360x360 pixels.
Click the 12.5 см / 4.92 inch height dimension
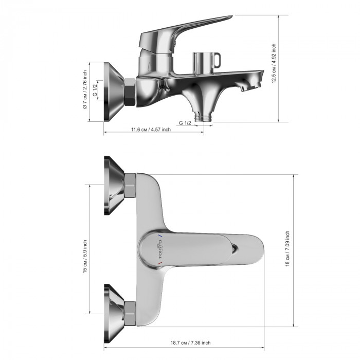pyautogui.click(x=274, y=63)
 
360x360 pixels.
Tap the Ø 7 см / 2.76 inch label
pyautogui.click(x=85, y=89)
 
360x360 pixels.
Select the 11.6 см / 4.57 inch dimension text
pyautogui.click(x=151, y=130)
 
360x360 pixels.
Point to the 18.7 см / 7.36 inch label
pyautogui.click(x=190, y=343)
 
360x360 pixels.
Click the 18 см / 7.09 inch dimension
pyautogui.click(x=287, y=248)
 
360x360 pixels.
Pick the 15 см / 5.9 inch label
pyautogui.click(x=85, y=257)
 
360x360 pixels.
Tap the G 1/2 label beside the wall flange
pyautogui.click(x=95, y=90)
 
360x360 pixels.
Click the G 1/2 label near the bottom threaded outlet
pyautogui.click(x=185, y=123)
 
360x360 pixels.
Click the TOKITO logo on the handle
pyautogui.click(x=160, y=248)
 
